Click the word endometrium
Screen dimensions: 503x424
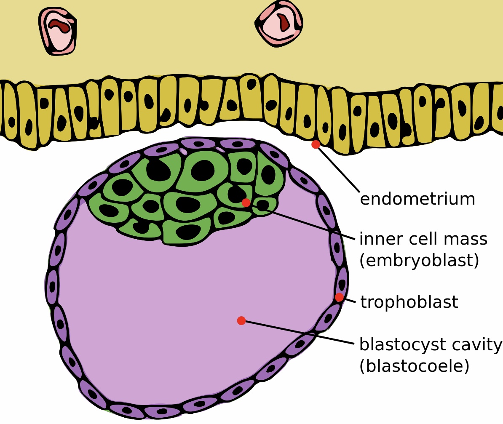[417, 199]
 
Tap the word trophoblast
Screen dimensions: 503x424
[409, 302]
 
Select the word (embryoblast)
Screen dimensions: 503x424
[419, 260]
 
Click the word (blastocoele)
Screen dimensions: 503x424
[415, 365]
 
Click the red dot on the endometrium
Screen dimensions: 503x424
[316, 144]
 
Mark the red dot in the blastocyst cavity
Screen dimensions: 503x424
[241, 320]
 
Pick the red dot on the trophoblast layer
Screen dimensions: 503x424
[339, 297]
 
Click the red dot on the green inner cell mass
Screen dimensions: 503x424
[246, 203]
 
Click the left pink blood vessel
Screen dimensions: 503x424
[58, 31]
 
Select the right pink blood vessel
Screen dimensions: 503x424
[279, 23]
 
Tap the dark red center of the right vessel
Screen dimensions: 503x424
[283, 22]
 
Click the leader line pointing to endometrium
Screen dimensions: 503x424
[338, 169]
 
